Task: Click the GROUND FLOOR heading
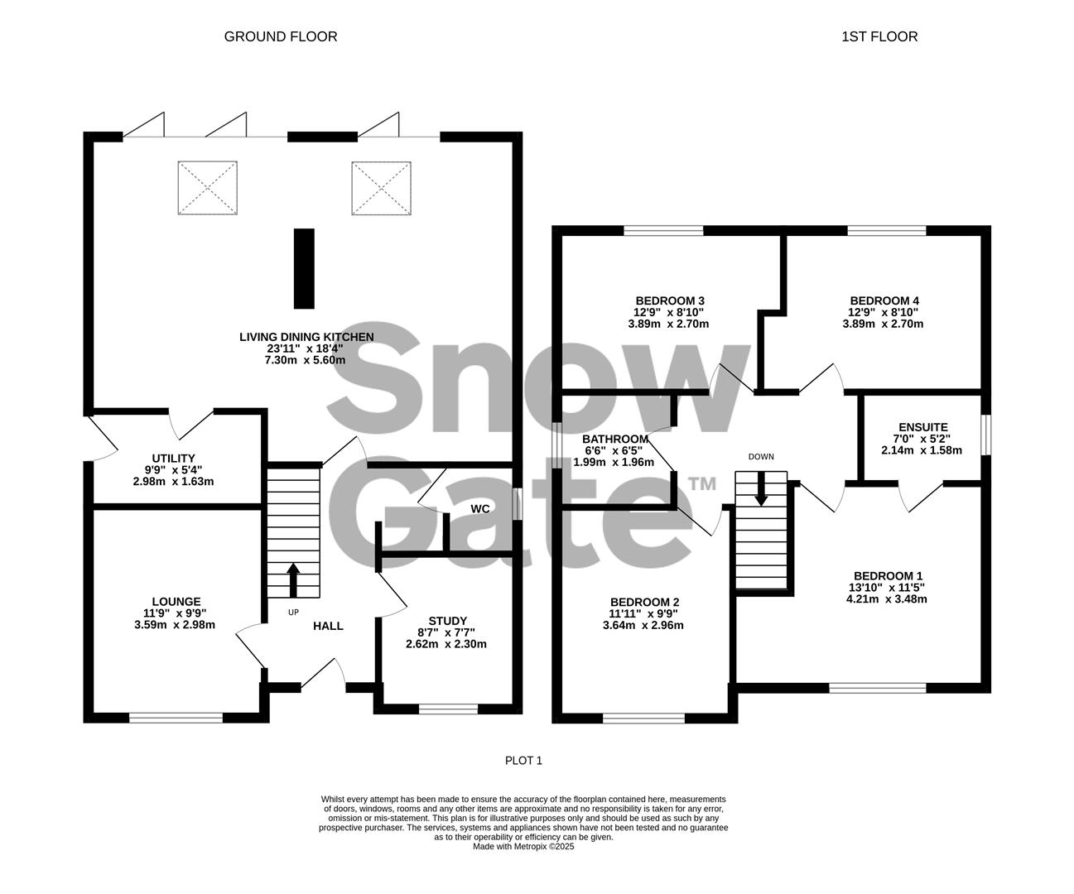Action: click(281, 36)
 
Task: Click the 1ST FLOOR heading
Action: click(879, 36)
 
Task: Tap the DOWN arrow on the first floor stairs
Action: click(760, 489)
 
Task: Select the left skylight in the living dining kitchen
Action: click(207, 188)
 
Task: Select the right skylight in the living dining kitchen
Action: click(382, 188)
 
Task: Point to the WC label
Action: click(480, 508)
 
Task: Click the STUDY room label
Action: click(447, 621)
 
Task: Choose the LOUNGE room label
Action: click(176, 602)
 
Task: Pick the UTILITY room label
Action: click(173, 459)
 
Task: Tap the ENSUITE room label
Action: click(922, 427)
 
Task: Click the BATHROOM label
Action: click(614, 439)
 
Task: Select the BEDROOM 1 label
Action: click(888, 576)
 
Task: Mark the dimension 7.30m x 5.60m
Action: click(305, 360)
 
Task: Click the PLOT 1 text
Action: click(523, 760)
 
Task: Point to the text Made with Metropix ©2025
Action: click(523, 846)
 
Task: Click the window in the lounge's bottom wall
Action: click(176, 718)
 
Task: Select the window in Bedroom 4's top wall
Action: click(886, 231)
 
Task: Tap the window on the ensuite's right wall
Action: click(985, 435)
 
